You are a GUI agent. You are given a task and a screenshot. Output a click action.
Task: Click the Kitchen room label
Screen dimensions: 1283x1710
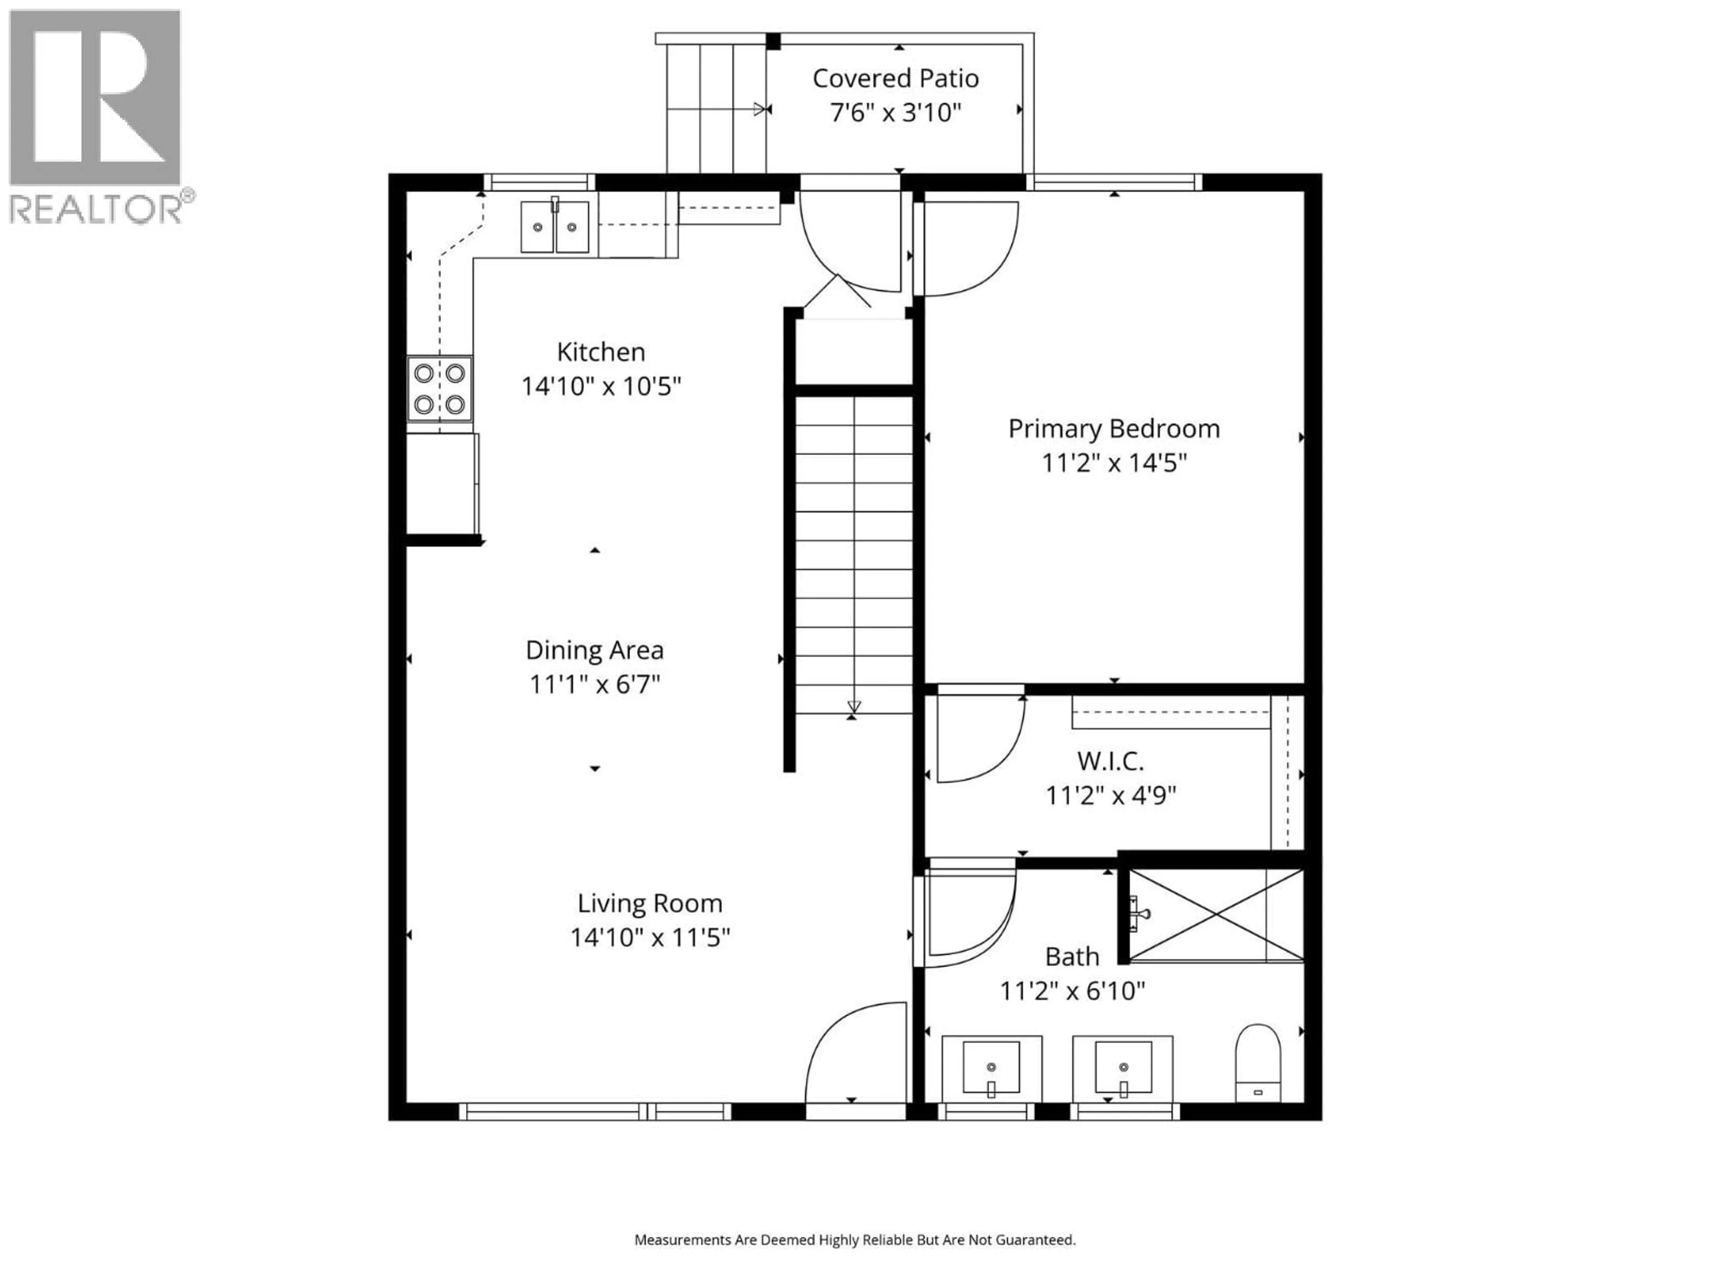point(601,352)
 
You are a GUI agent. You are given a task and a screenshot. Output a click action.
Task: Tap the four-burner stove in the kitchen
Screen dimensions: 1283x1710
point(439,388)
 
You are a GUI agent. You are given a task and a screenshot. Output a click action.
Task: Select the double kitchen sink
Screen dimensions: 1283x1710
point(554,227)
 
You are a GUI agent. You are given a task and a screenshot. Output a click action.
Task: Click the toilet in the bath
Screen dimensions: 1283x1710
point(1258,1062)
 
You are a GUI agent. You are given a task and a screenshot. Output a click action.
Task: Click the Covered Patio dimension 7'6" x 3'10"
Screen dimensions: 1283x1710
point(895,113)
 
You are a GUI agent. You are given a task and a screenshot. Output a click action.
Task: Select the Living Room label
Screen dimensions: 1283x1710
point(649,903)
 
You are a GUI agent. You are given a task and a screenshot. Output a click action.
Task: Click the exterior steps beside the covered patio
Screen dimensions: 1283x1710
point(715,108)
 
